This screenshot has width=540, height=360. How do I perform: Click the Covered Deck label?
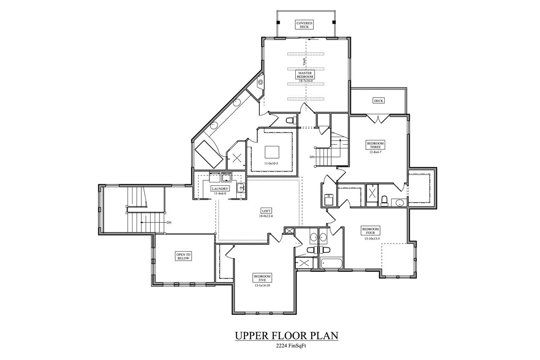click(305, 24)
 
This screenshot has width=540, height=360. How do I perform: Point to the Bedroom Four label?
click(370, 231)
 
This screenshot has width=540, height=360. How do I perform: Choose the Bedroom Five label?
click(262, 278)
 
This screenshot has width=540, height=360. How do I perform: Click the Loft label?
click(266, 211)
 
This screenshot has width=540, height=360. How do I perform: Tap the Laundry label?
click(220, 189)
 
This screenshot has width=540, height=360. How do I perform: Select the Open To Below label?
click(183, 256)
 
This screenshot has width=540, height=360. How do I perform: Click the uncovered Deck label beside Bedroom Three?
click(378, 100)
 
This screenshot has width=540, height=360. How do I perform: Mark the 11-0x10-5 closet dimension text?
click(271, 162)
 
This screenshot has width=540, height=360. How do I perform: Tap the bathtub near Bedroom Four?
click(331, 263)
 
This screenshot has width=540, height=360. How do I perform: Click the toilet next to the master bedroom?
click(290, 120)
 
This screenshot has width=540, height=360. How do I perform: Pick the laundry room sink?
click(240, 188)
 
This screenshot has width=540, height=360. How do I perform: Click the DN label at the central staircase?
click(312, 157)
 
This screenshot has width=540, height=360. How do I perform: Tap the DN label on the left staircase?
click(169, 222)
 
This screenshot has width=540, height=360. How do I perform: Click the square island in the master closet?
click(271, 151)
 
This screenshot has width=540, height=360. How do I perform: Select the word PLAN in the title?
click(324, 336)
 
